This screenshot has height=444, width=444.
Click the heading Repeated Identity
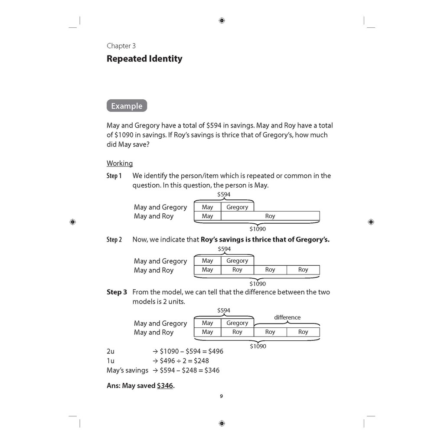point(144,59)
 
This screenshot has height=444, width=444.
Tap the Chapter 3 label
point(121,46)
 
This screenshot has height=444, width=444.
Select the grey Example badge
point(127,106)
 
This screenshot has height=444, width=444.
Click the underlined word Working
point(120,163)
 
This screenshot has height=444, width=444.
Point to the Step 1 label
point(114,176)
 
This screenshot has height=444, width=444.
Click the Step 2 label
point(114,240)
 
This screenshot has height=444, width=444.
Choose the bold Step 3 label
point(117,292)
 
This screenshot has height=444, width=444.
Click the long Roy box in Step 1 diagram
point(270,216)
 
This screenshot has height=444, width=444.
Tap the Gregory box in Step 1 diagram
point(237,207)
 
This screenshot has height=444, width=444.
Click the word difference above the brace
point(287,317)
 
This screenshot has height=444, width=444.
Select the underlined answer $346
point(165,385)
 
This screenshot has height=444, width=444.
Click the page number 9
point(221,396)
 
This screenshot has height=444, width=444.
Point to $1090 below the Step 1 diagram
point(258,229)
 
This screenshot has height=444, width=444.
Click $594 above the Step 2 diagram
point(224,249)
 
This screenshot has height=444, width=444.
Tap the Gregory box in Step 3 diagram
point(237,323)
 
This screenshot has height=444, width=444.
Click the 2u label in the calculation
point(111,351)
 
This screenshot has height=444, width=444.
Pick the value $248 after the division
point(201,361)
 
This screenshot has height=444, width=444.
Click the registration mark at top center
point(222,20)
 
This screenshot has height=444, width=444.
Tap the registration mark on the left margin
point(72,222)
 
